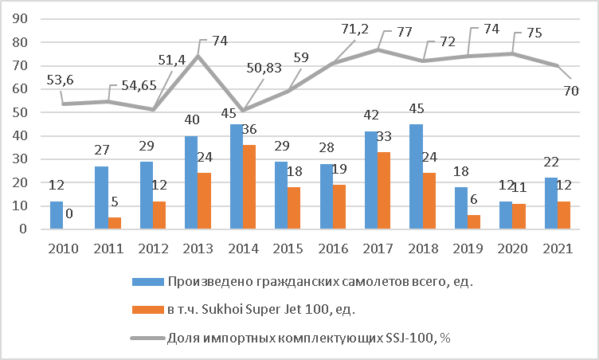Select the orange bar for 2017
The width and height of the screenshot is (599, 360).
(x=384, y=191)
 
